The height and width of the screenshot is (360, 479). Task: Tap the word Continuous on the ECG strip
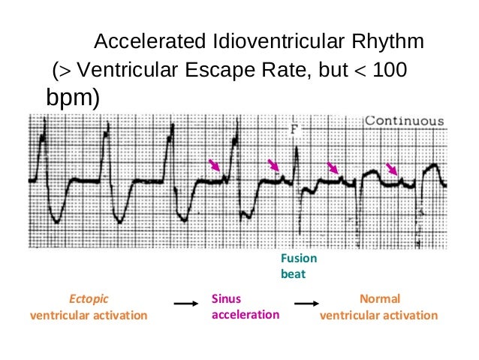pyautogui.click(x=404, y=121)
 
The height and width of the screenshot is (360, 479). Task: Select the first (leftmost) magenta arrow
pyautogui.click(x=215, y=165)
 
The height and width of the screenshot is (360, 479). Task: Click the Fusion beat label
pyautogui.click(x=298, y=266)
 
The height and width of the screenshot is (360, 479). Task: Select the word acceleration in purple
pyautogui.click(x=245, y=314)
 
